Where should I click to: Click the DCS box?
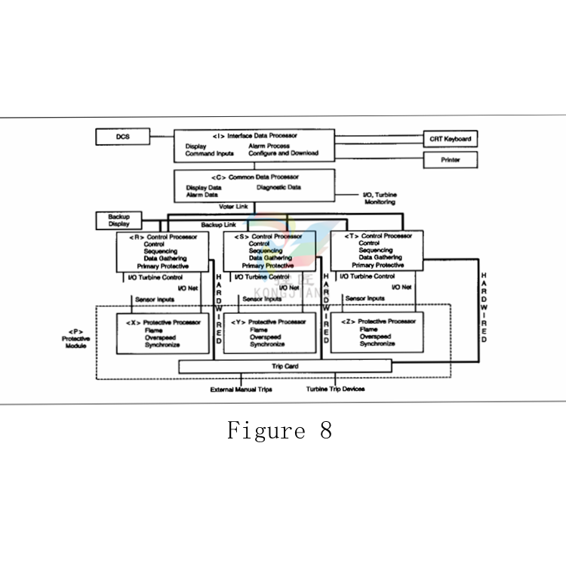[123, 137]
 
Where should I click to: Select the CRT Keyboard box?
[451, 140]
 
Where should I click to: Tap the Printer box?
[451, 160]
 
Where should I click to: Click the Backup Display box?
[118, 220]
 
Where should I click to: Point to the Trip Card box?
[285, 367]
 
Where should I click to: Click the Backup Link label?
[219, 225]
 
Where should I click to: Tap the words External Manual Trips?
[241, 389]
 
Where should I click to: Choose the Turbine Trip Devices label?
[335, 389]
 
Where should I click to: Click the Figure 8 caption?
[279, 431]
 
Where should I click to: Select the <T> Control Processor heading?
[380, 235]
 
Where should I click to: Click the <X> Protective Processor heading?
[164, 322]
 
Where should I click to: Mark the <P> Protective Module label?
[75, 339]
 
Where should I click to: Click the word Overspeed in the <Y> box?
[266, 337]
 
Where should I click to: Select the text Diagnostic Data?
[278, 187]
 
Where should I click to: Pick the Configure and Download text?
[284, 153]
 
